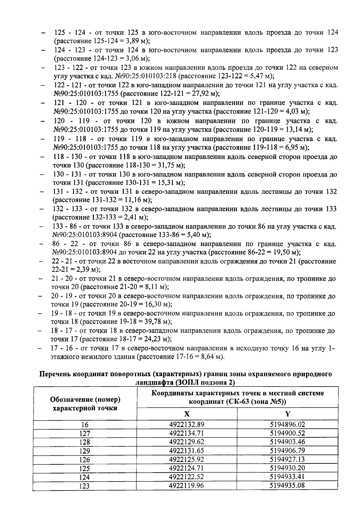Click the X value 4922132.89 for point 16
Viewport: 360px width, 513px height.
[x=187, y=424]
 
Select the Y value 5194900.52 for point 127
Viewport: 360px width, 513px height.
[x=287, y=433]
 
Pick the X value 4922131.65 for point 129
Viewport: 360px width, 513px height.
[x=187, y=451]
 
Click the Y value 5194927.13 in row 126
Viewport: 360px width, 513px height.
[x=287, y=459]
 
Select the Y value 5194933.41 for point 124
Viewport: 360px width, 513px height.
[x=287, y=477]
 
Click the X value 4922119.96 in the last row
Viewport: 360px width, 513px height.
[x=187, y=485]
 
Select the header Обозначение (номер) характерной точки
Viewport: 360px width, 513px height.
[x=85, y=404]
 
